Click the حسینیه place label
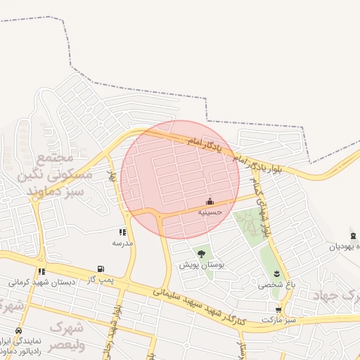click(210, 211)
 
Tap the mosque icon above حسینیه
click(210, 201)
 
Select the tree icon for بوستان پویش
click(202, 254)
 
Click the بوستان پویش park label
click(202, 265)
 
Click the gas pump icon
click(101, 269)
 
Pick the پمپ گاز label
click(101, 280)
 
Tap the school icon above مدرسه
click(123, 231)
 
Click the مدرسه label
click(123, 243)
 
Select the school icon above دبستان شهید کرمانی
click(42, 271)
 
